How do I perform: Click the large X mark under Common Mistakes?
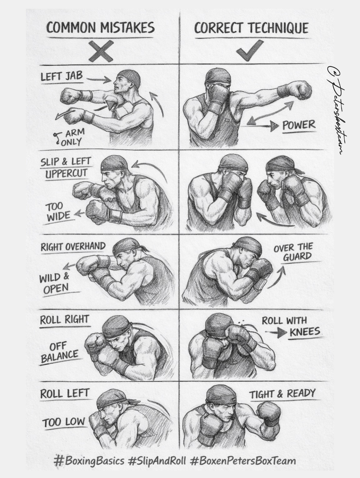101,52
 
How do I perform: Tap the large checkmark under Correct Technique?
250,50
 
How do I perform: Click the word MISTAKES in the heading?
127,28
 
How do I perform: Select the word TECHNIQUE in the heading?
278,28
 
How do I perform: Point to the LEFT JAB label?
62,76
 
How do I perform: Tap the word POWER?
299,125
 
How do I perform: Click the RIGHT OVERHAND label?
73,247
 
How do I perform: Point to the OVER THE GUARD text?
293,252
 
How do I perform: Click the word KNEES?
305,332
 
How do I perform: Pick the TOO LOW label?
63,422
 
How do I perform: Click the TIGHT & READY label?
282,394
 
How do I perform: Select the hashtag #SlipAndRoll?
157,461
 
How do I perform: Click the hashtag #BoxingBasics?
89,461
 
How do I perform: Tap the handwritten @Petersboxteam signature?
337,110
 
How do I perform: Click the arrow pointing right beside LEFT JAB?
99,80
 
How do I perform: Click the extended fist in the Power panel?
301,90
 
